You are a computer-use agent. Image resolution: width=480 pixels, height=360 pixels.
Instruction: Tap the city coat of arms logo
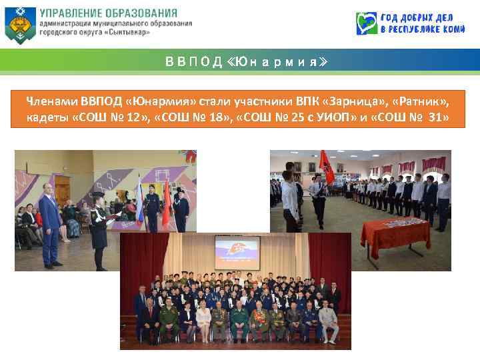pyautogui.click(x=19, y=25)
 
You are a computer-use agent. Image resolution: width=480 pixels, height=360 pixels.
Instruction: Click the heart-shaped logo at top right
pyautogui.click(x=366, y=24)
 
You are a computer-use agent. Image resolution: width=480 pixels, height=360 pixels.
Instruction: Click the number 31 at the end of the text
pyautogui.click(x=438, y=119)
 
